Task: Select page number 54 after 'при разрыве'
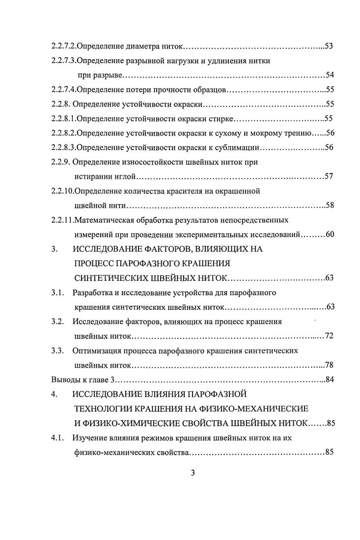330,75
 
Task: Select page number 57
329,176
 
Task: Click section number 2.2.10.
64,190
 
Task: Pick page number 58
330,205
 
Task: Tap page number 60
330,234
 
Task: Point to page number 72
329,336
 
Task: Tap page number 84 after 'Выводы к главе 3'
330,380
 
